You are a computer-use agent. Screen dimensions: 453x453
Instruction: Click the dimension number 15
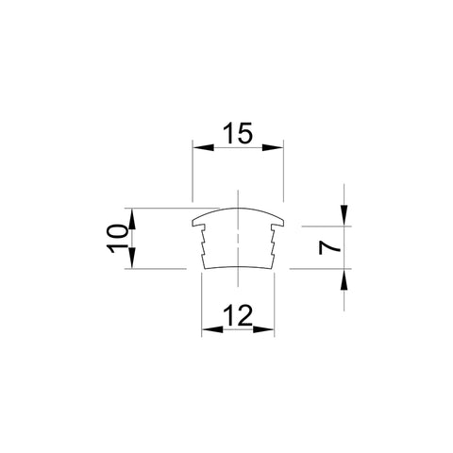click(238, 133)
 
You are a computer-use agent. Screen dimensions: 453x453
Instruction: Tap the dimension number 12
click(238, 315)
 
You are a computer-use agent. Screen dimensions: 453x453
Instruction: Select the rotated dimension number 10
click(118, 239)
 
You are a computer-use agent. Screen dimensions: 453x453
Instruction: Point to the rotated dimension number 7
click(329, 247)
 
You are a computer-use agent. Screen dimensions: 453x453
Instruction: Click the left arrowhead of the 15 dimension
click(203, 147)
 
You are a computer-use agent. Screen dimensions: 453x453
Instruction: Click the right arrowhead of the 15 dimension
click(273, 147)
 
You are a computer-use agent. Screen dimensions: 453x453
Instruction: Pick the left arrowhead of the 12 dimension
click(212, 329)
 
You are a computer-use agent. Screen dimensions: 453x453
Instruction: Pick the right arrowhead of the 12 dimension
click(263, 329)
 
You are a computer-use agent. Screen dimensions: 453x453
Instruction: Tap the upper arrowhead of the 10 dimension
click(132, 219)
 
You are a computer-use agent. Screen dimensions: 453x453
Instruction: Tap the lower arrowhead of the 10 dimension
click(132, 258)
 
